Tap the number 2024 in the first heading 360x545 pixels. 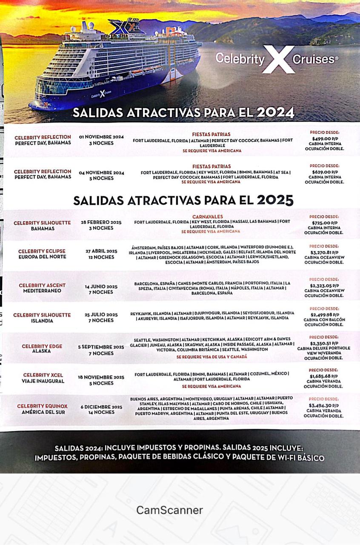[276, 113]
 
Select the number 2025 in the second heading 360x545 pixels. [275, 200]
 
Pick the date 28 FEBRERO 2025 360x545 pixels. [101, 222]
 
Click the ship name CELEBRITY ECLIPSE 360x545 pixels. [42, 251]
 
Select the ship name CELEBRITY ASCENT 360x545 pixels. [42, 285]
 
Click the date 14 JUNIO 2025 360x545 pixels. [101, 287]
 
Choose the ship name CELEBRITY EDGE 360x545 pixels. [42, 346]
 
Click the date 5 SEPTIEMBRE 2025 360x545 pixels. [101, 347]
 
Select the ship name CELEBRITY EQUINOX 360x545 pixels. [42, 406]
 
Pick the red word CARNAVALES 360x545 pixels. [208, 217]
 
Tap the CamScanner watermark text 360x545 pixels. [170, 510]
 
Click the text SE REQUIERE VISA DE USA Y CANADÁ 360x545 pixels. [211, 357]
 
